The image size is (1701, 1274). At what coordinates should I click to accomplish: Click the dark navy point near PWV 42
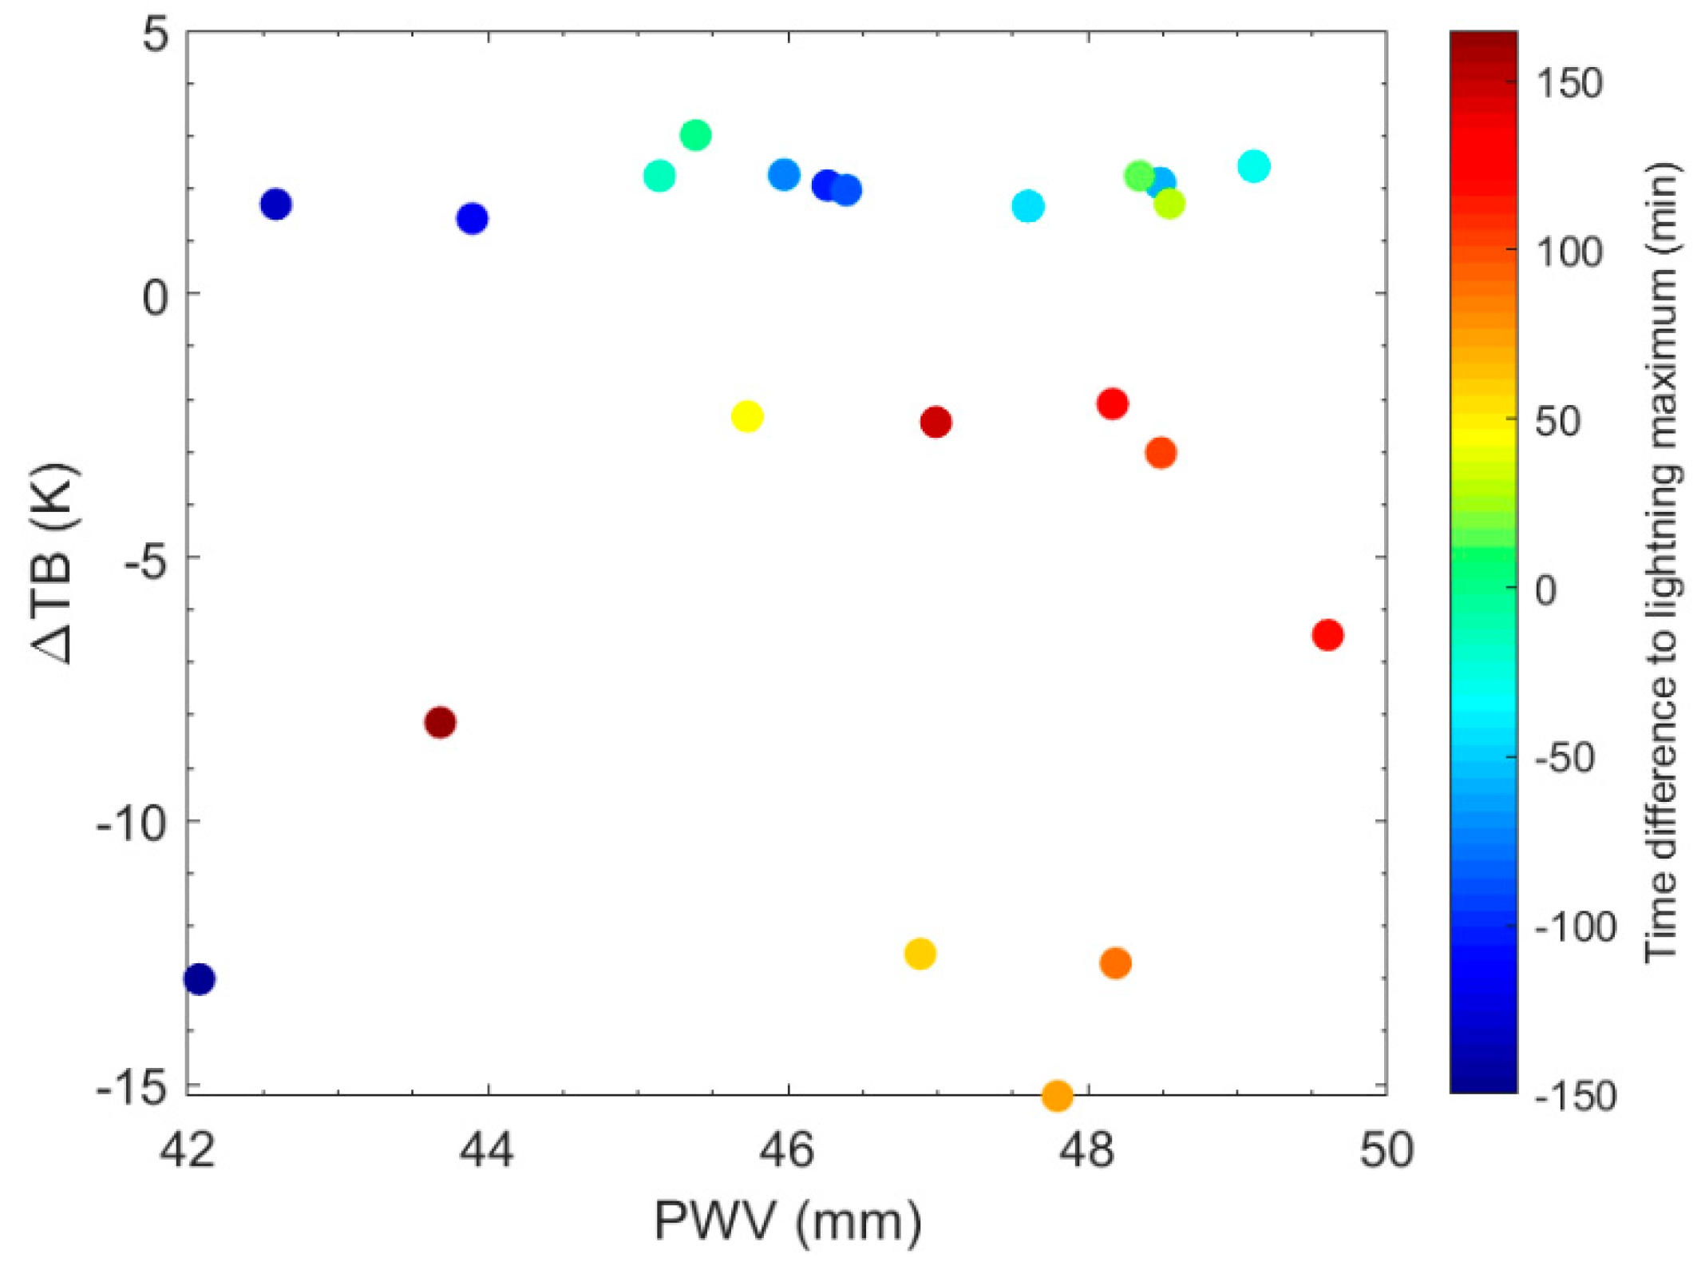pos(199,978)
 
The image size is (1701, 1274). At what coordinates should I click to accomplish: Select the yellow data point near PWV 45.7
pos(747,416)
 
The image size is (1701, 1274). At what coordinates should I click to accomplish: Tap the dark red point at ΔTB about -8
pos(440,723)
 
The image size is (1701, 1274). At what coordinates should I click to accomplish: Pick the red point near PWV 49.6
pos(1327,635)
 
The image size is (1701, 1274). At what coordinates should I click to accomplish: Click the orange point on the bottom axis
pos(1057,1095)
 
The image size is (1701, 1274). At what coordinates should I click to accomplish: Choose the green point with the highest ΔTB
pos(695,135)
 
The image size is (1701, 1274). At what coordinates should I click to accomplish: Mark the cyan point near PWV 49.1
pos(1254,166)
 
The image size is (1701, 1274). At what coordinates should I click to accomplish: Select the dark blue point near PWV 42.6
pos(275,204)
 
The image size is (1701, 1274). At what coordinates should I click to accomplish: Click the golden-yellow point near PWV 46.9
pos(920,953)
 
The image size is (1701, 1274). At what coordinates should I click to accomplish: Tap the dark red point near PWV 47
pos(936,422)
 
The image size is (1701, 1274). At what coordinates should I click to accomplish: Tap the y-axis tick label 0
pos(156,297)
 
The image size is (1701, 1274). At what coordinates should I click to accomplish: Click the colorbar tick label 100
pos(1568,252)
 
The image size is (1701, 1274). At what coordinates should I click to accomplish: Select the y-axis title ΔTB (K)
pos(56,562)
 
